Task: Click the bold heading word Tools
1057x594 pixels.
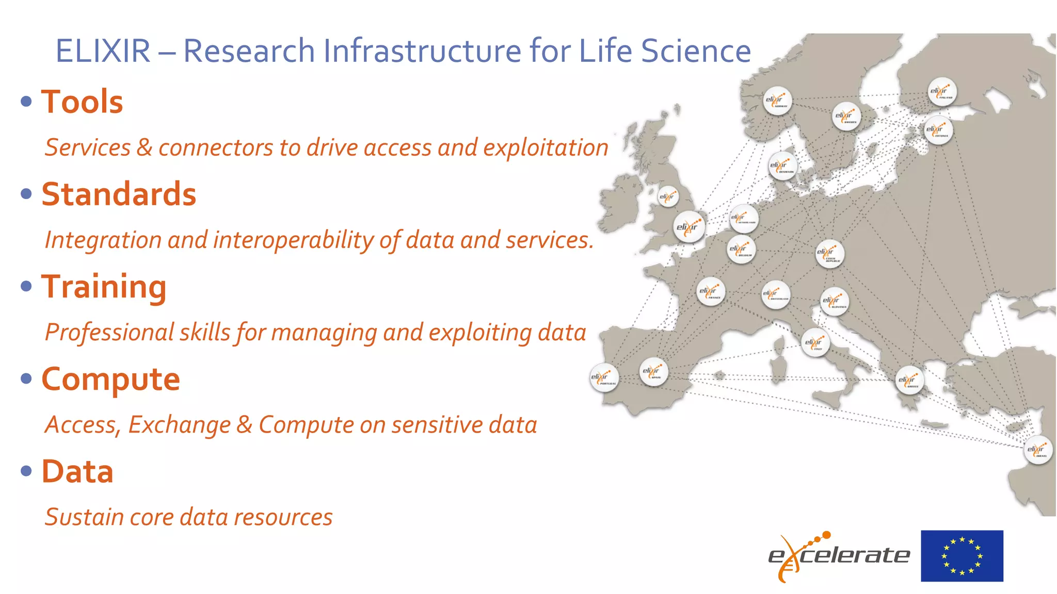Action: (x=82, y=102)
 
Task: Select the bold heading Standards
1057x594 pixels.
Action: (x=119, y=194)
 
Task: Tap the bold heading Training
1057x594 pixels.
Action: (x=104, y=287)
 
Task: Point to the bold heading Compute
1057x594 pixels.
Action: (x=110, y=379)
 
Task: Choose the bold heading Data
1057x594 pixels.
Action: (x=77, y=472)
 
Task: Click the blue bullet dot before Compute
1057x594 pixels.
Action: (x=26, y=379)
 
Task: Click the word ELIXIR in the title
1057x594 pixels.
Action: (x=103, y=51)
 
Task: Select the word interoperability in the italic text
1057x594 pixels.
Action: (x=293, y=240)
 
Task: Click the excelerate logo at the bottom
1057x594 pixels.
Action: (x=838, y=556)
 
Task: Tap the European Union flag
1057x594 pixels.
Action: (x=962, y=556)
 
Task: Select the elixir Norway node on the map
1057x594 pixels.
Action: (x=777, y=101)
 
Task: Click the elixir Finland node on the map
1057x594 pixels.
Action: (x=942, y=92)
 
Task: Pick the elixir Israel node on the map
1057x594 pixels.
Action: (x=1037, y=450)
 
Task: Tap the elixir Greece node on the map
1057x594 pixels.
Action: (x=909, y=381)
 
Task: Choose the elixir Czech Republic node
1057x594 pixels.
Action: (x=829, y=254)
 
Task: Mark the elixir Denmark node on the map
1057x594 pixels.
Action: (x=782, y=166)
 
